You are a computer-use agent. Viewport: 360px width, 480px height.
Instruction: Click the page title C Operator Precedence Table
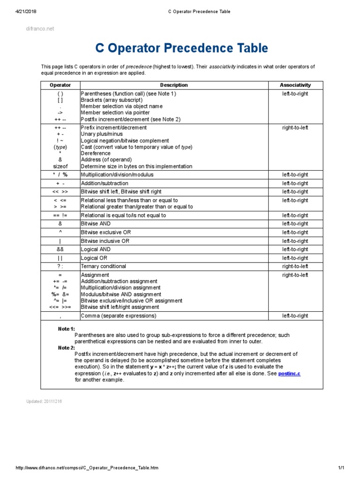(182, 48)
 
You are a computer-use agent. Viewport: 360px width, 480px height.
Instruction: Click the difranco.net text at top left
(39, 29)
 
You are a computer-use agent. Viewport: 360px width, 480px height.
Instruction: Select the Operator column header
(60, 85)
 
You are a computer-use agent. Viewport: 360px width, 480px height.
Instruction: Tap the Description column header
(173, 85)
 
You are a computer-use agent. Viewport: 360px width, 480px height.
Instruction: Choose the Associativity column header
(295, 85)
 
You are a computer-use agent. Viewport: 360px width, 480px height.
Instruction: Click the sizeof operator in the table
(60, 166)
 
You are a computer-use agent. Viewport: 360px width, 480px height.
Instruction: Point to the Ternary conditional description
(104, 266)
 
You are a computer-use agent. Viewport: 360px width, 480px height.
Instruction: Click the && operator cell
(60, 249)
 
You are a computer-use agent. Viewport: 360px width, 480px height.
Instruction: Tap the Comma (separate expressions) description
(119, 316)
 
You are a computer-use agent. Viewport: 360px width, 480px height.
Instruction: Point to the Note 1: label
(66, 329)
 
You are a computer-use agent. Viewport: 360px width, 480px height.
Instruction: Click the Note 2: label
(66, 348)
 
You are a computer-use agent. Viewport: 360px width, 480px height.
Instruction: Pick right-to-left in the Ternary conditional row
(295, 266)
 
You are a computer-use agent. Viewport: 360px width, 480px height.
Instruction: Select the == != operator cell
(60, 216)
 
